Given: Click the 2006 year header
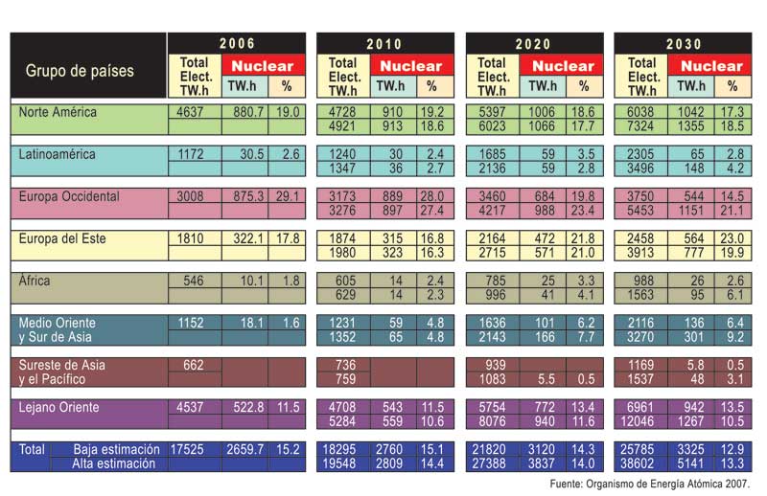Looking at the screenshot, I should click(x=236, y=44).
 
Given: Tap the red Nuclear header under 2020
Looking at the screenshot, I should click(x=564, y=66).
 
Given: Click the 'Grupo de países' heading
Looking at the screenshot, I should click(x=80, y=71).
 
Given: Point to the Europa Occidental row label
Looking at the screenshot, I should click(x=69, y=196).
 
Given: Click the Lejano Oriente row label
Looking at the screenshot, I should click(x=59, y=408).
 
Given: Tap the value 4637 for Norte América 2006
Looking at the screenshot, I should click(x=191, y=112).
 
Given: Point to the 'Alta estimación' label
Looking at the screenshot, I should click(x=113, y=463).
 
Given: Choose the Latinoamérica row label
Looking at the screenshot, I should click(x=57, y=154).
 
